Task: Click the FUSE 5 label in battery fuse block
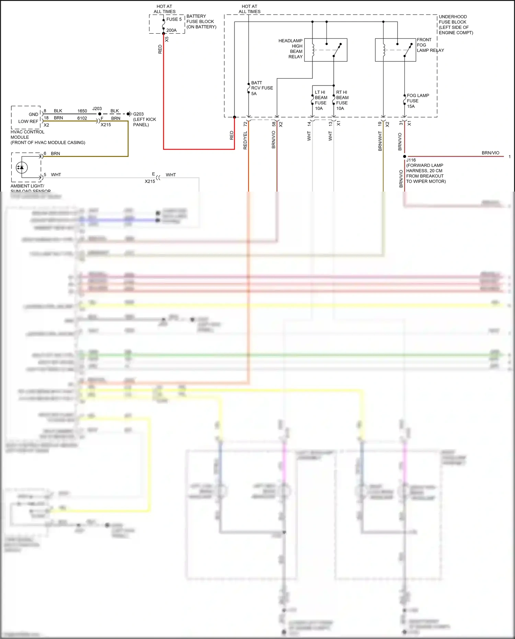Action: [174, 20]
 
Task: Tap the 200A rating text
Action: [171, 30]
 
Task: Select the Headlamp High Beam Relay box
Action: [325, 50]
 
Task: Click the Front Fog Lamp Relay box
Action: [395, 50]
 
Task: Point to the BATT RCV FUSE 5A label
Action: [262, 88]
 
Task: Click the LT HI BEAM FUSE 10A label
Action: [321, 100]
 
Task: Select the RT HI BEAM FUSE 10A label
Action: [342, 100]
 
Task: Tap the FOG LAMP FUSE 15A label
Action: [417, 101]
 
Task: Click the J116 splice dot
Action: [404, 157]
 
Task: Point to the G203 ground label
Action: [138, 114]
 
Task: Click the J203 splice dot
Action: [100, 114]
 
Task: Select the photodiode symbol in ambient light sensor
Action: [22, 167]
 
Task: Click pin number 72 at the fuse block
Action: [245, 124]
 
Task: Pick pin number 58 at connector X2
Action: [274, 124]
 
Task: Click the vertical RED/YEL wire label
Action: [245, 140]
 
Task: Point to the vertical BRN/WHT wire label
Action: [380, 141]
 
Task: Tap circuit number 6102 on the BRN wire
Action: [82, 118]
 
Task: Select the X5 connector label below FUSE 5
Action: [167, 39]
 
